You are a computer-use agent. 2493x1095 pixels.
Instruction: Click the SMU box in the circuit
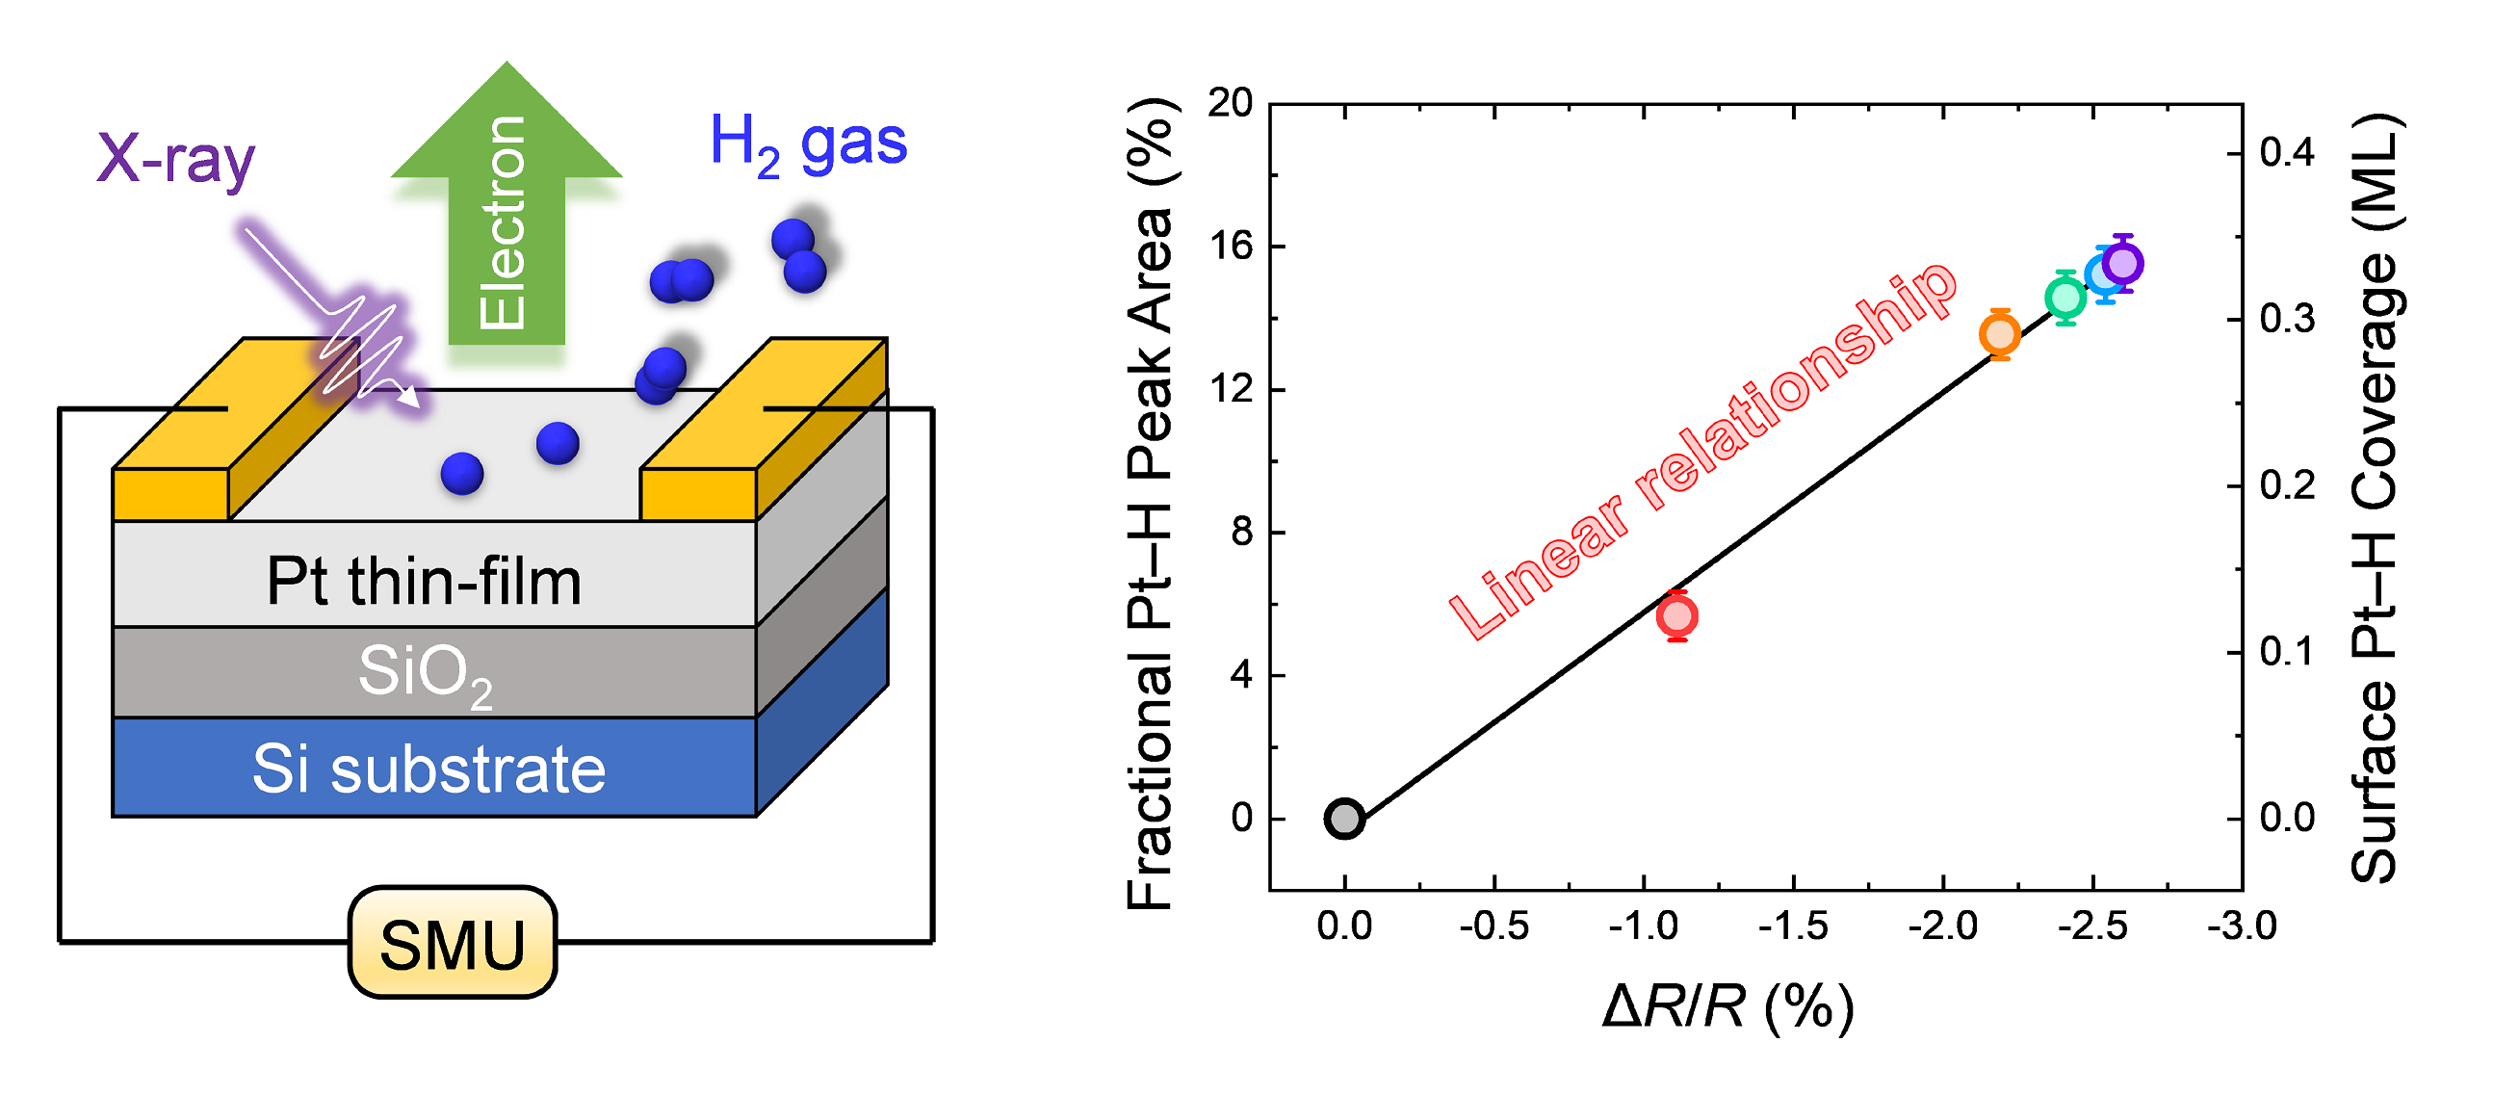(x=452, y=943)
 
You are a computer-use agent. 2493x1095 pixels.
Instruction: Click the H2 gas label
(x=808, y=143)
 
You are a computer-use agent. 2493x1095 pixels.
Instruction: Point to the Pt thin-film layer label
(x=424, y=582)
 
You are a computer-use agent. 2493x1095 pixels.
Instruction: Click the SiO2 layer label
(x=426, y=673)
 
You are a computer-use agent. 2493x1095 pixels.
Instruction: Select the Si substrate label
(x=428, y=769)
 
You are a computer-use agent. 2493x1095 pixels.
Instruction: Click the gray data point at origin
(x=1344, y=819)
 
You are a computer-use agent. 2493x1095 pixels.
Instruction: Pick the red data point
(x=1677, y=615)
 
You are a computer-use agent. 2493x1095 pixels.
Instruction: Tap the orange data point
(x=1999, y=334)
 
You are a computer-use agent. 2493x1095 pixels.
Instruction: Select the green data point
(x=2065, y=298)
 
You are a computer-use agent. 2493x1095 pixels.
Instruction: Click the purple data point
(x=2123, y=262)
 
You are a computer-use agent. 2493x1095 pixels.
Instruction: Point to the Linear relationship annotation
(x=1703, y=450)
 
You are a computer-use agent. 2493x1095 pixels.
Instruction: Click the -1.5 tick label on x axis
(x=1792, y=926)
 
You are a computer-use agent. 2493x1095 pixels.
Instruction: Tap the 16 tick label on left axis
(x=1231, y=247)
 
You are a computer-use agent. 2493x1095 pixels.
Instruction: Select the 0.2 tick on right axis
(x=2287, y=486)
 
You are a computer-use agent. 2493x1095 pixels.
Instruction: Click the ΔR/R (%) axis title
(x=1727, y=1007)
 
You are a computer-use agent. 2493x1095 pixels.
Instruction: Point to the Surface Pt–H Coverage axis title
(x=2376, y=499)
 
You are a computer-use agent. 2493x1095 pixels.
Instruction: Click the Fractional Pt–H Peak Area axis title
(x=1150, y=504)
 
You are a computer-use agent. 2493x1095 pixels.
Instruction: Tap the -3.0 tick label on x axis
(x=2242, y=926)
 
